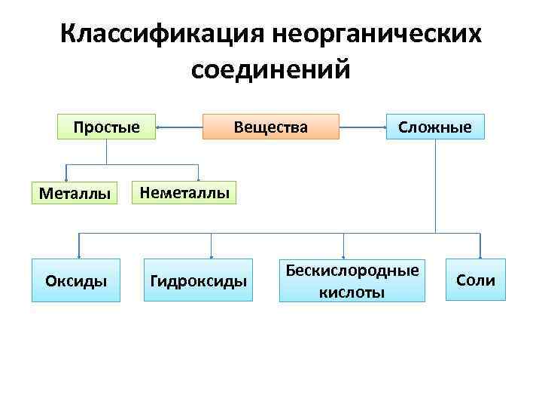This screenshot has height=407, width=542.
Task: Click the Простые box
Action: pyautogui.click(x=106, y=127)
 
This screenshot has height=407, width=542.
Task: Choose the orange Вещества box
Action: pyautogui.click(x=271, y=127)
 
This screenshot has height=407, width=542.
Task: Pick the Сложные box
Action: pyautogui.click(x=435, y=127)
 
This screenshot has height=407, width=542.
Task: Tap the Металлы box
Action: pyautogui.click(x=75, y=193)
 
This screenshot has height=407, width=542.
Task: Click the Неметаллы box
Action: pyautogui.click(x=184, y=193)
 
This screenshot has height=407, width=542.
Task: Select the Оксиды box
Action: pyautogui.click(x=76, y=281)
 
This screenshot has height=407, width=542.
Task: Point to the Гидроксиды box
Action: pyautogui.click(x=199, y=281)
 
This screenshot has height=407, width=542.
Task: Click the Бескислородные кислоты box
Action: pyautogui.click(x=352, y=280)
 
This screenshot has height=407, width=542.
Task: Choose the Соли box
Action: pyautogui.click(x=476, y=280)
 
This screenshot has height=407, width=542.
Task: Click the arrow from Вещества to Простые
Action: pyautogui.click(x=179, y=127)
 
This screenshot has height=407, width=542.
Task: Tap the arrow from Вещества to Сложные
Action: pyautogui.click(x=362, y=127)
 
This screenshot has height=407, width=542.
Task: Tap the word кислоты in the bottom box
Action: pyautogui.click(x=352, y=291)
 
